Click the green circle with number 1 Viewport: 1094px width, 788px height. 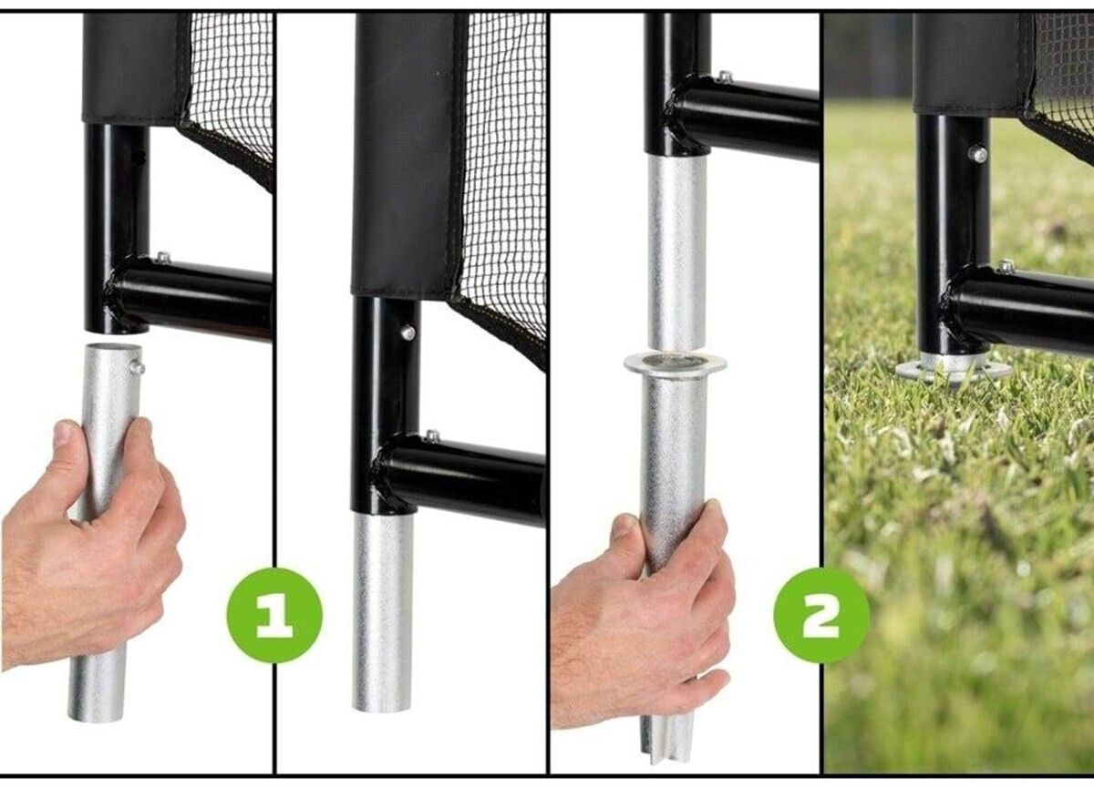coord(274,615)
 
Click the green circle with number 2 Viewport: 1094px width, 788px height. coord(822,615)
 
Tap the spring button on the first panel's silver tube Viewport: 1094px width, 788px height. coord(138,366)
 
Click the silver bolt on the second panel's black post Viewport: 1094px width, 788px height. coord(408,333)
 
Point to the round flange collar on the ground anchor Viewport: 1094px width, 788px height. coord(675,364)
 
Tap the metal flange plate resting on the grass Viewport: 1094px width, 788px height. coord(953,369)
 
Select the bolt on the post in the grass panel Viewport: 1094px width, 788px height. coord(977,155)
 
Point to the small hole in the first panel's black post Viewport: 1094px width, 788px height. coord(140,157)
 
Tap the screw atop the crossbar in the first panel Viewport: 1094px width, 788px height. coord(162,257)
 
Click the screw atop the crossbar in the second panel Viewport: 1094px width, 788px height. coord(432,435)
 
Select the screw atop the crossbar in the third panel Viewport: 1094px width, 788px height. coord(726,77)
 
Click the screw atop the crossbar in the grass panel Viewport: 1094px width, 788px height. coord(1006,266)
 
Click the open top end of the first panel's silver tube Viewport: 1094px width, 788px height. coord(111,348)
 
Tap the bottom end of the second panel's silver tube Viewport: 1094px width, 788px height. coord(381,707)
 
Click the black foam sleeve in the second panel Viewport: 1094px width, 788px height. coord(407,155)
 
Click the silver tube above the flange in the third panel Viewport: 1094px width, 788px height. coord(676,254)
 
